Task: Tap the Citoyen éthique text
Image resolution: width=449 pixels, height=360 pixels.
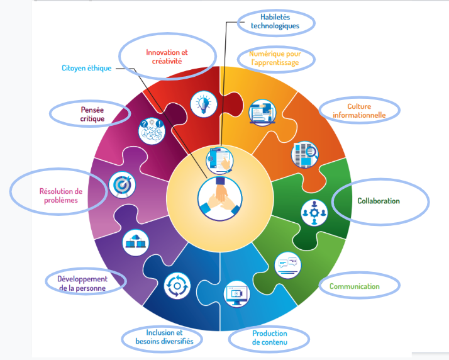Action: coord(86,68)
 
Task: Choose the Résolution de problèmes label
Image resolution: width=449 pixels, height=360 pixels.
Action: coord(60,195)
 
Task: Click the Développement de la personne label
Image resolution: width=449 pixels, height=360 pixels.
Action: coord(82,283)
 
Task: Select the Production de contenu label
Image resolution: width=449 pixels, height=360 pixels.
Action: coord(269,337)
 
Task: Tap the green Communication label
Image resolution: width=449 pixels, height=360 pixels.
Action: coord(355,286)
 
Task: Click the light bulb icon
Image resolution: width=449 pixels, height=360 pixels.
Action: coord(203,102)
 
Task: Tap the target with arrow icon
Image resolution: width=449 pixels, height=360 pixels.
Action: coord(119,185)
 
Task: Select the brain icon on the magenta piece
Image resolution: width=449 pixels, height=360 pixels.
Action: coord(152,129)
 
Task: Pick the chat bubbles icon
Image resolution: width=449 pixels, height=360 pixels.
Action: coord(289,265)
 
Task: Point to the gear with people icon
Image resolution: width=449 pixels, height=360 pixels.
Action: coord(314,213)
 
